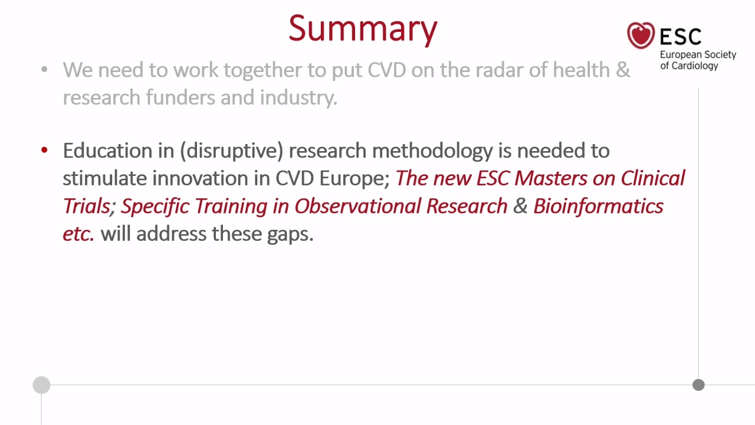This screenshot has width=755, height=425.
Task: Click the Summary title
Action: tap(363, 29)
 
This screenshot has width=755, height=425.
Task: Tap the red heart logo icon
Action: tap(641, 35)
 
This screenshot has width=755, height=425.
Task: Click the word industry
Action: tap(298, 98)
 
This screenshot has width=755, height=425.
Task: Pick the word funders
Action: tap(180, 97)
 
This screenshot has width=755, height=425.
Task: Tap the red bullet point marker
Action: tap(44, 150)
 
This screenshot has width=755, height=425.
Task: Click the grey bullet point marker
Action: tap(44, 70)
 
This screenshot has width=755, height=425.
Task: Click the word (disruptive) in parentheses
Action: tap(232, 151)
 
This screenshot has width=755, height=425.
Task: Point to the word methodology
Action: tap(432, 151)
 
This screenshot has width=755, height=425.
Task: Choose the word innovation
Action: tap(200, 178)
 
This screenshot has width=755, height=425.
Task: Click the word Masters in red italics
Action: tap(551, 178)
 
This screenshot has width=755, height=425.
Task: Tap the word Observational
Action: tap(357, 206)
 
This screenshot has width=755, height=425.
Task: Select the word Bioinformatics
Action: tap(598, 206)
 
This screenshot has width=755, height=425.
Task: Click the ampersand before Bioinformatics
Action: tap(520, 206)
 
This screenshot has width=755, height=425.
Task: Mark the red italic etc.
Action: tap(78, 234)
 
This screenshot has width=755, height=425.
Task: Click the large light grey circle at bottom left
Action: tap(41, 385)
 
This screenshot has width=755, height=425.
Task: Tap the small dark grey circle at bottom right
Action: tap(698, 385)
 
